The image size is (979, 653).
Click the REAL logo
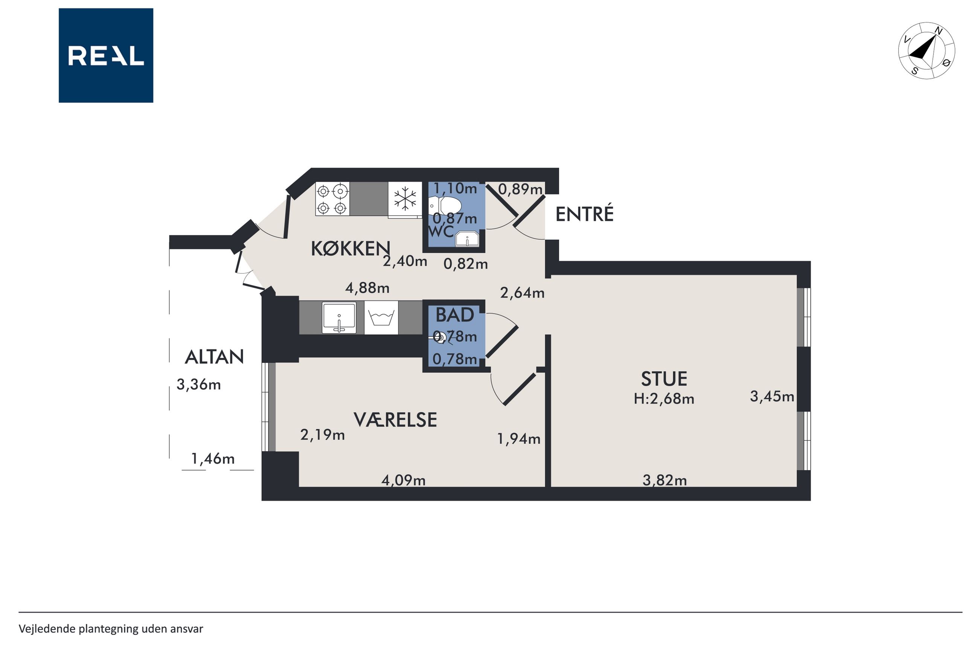pyautogui.click(x=106, y=55)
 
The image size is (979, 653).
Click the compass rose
pyautogui.click(x=926, y=51)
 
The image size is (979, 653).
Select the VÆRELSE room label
pyautogui.click(x=395, y=419)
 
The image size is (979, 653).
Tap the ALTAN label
pyautogui.click(x=214, y=357)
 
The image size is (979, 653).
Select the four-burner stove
pyautogui.click(x=332, y=199)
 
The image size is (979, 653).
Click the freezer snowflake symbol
pyautogui.click(x=405, y=198)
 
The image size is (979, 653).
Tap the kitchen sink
pyautogui.click(x=339, y=317)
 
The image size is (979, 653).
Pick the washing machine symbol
pyautogui.click(x=381, y=317)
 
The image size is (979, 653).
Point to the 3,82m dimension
pyautogui.click(x=665, y=480)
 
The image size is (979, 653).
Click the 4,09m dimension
pyautogui.click(x=403, y=480)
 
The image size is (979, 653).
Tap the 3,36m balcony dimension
pyautogui.click(x=198, y=385)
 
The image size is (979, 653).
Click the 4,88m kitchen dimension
pyautogui.click(x=368, y=288)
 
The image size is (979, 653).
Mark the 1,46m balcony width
pyautogui.click(x=213, y=459)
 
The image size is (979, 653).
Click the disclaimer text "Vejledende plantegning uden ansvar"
pyautogui.click(x=111, y=629)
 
